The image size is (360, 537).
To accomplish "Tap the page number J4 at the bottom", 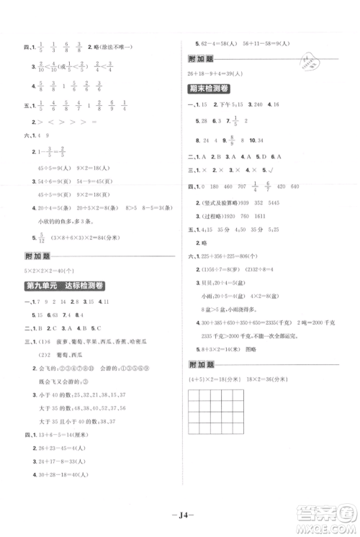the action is click(x=181, y=513).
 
